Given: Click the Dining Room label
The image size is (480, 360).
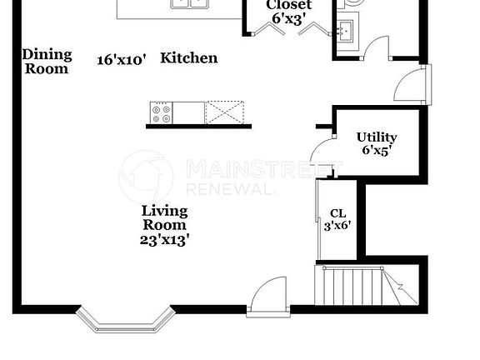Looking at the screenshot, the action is tap(47, 62).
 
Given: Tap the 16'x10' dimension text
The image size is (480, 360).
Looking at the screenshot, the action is tap(121, 60).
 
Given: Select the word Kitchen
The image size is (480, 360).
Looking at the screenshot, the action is tap(189, 57).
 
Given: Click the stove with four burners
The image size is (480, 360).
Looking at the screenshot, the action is tap(162, 113).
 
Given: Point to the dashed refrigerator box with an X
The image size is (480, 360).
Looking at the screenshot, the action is tap(225, 112).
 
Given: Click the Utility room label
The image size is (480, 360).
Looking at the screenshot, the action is tap(377, 137).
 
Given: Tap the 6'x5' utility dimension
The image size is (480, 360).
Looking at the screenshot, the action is tap(377, 150).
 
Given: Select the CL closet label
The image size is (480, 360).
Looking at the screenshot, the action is tap(338, 213).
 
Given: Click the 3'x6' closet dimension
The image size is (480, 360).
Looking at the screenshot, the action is tap(337, 226).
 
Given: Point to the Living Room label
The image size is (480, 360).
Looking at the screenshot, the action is tap(164, 217).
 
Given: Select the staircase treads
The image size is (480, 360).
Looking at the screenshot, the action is tap(367, 286).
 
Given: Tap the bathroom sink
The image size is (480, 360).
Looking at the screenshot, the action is tap(346, 30).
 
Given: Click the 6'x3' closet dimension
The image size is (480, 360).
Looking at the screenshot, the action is tap(289, 19).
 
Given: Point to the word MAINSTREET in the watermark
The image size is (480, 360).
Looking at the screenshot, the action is tap(264, 169).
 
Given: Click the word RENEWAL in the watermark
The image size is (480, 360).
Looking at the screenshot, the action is tap(231, 189).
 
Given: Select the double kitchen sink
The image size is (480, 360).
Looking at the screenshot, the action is tap(190, 2).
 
